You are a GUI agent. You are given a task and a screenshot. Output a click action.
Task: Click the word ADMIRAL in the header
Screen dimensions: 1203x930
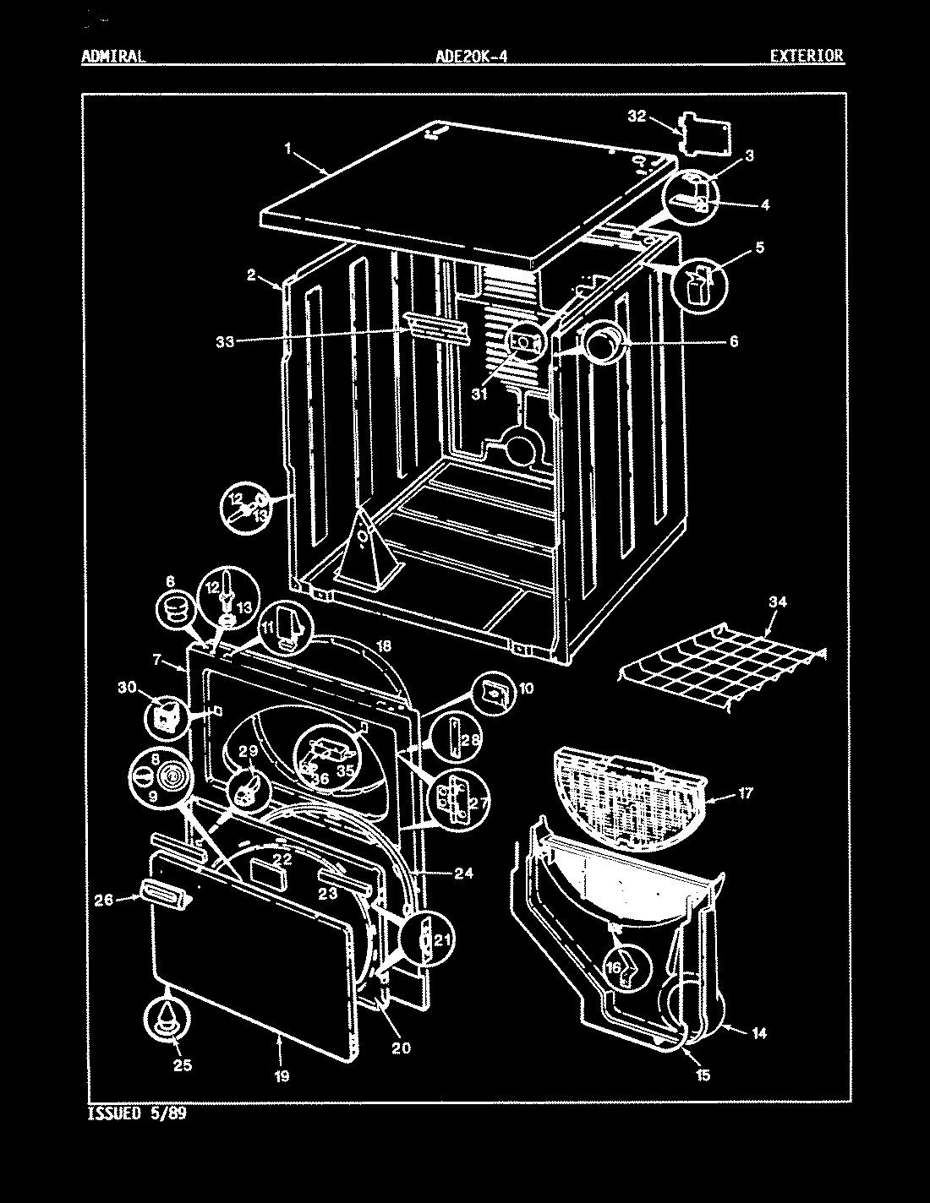(x=113, y=57)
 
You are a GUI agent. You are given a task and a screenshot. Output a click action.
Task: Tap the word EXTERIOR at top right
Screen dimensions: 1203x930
(x=806, y=57)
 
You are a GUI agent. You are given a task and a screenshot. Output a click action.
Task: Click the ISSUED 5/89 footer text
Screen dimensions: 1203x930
(x=136, y=1113)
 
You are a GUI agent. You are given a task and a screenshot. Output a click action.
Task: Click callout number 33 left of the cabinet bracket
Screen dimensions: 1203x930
(x=225, y=341)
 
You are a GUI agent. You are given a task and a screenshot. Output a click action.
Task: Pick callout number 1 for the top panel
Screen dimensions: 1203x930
(x=288, y=148)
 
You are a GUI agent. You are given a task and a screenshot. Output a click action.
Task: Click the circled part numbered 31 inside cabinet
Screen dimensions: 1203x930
(x=525, y=341)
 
